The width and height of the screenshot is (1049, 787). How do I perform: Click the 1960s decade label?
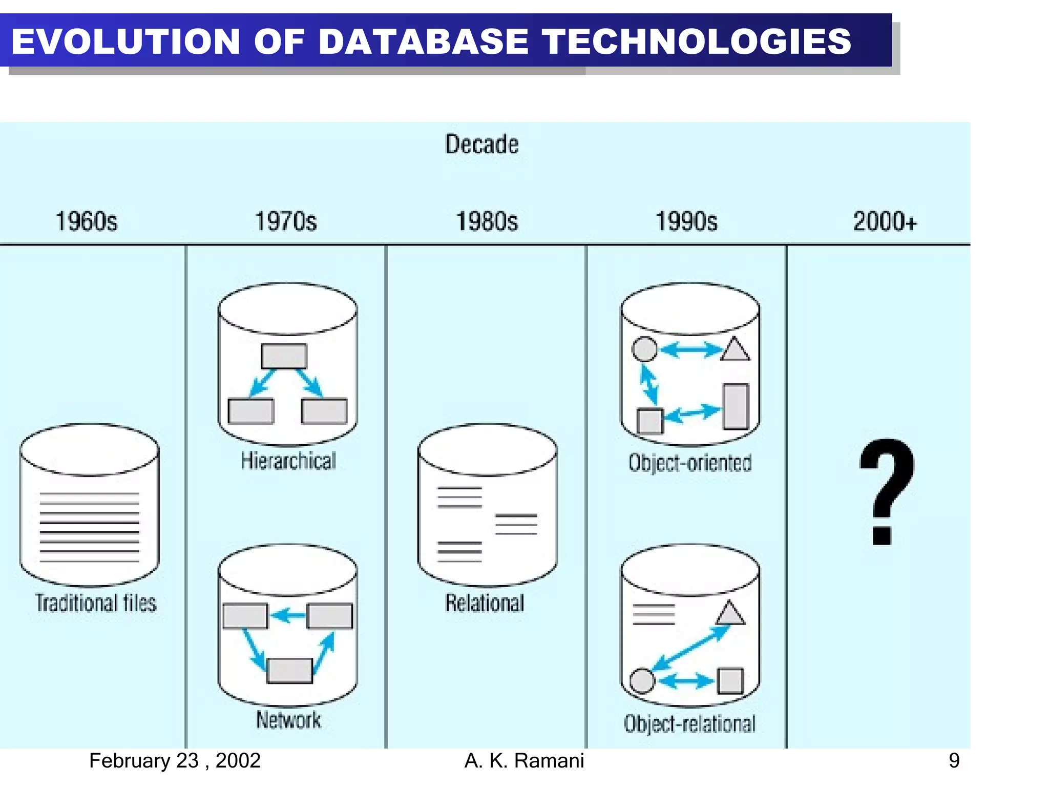86,222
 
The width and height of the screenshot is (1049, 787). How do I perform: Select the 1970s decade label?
286,222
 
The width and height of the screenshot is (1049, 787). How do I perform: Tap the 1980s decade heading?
487,222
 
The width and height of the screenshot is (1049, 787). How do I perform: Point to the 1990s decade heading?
686,222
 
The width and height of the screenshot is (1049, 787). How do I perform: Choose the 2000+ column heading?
885,222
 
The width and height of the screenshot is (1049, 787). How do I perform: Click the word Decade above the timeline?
481,144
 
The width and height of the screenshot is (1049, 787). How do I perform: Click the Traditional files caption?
95,603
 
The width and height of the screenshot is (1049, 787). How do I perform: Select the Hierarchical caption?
288,461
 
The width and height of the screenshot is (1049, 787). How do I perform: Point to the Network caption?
288,720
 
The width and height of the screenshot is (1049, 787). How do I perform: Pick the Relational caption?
485,603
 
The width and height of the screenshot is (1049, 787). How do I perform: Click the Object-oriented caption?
690,463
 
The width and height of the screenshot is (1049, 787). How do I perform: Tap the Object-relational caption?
689,724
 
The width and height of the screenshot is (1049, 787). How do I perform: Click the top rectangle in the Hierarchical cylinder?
284,356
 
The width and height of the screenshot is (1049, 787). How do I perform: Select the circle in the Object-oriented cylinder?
644,349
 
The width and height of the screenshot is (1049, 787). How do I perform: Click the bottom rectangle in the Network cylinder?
289,671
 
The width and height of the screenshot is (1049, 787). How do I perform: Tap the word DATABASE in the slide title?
423,41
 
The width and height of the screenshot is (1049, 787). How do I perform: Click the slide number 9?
954,760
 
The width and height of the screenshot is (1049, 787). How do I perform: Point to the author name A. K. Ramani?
524,761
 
